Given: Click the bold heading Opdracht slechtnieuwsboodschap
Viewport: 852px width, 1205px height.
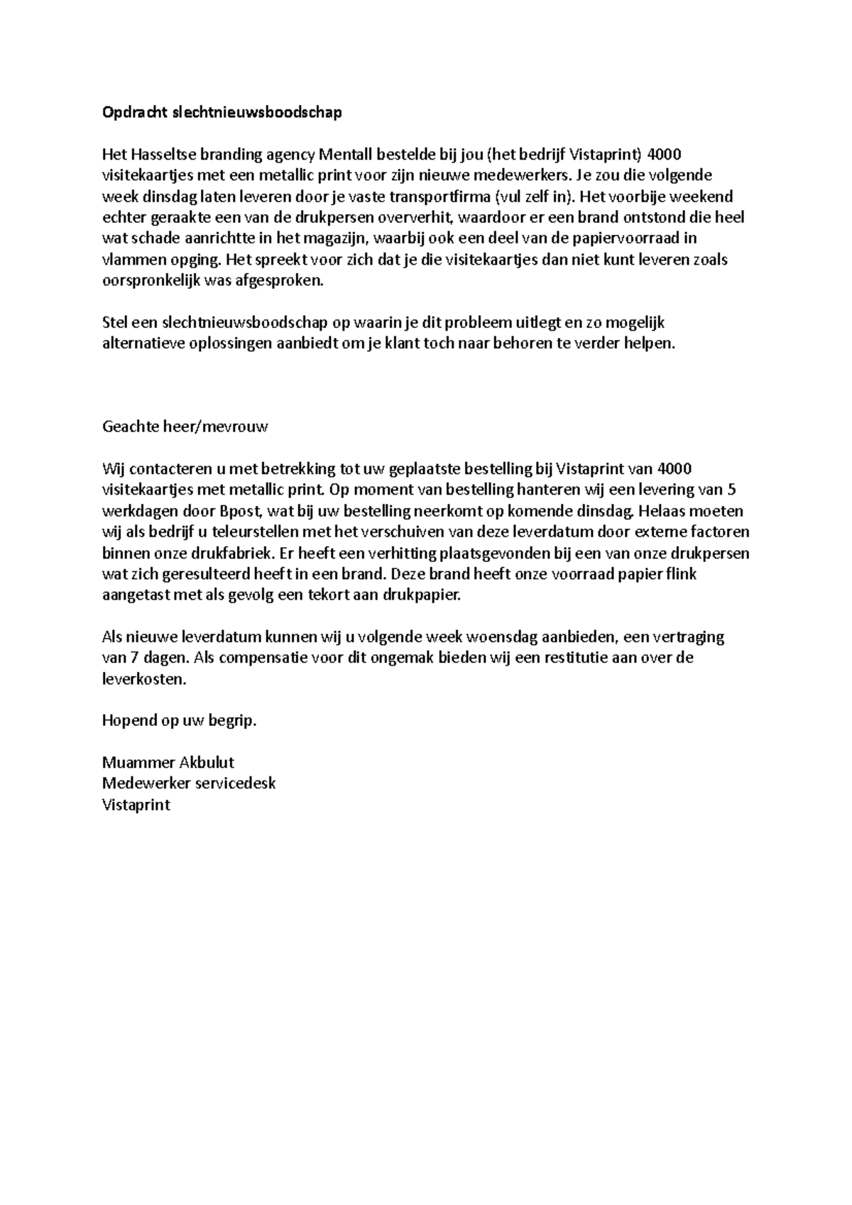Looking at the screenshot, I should [x=222, y=112].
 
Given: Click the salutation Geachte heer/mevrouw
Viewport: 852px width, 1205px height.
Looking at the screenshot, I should [x=185, y=427].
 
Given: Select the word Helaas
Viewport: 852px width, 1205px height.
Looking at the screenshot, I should [x=664, y=511].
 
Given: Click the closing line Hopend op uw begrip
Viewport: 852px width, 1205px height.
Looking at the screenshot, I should [x=179, y=721].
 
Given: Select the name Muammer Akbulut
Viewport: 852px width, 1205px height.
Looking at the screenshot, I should [x=168, y=763].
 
